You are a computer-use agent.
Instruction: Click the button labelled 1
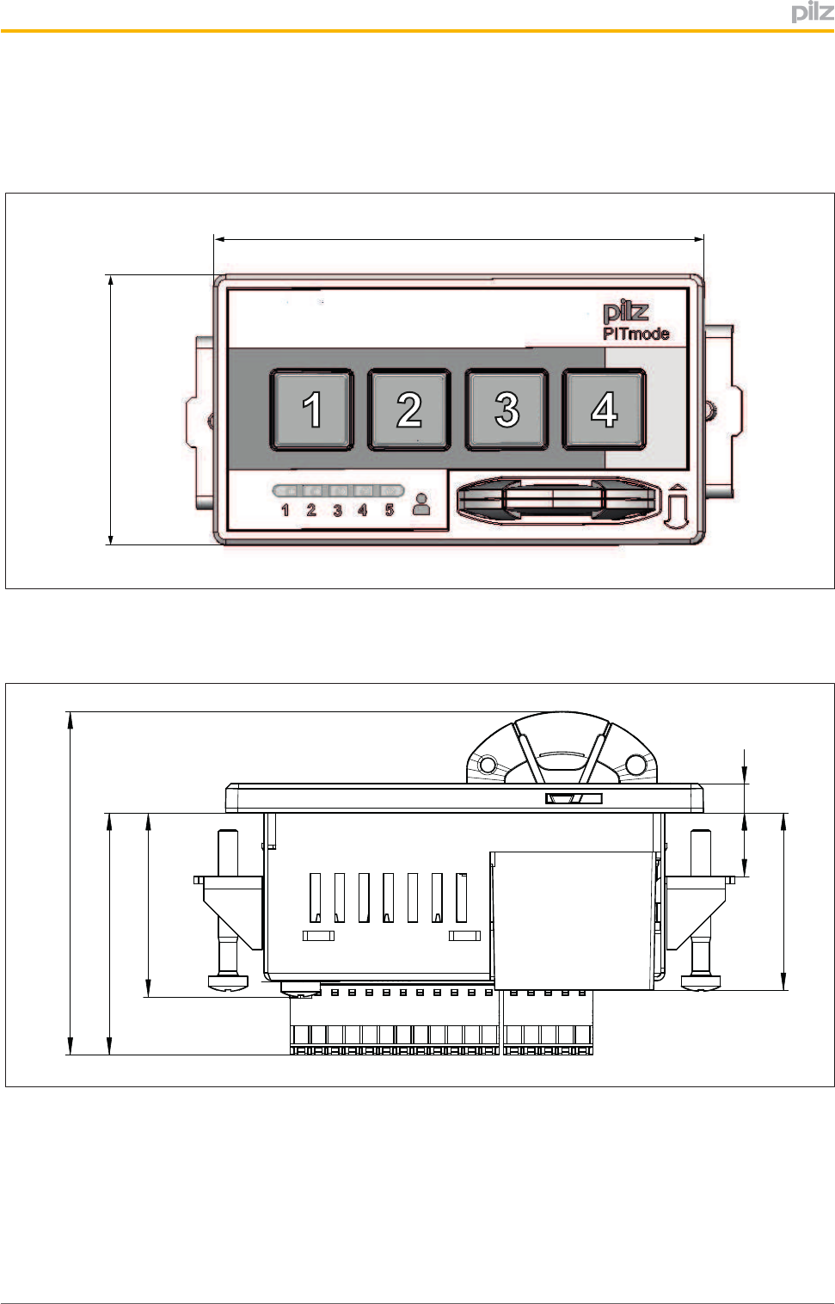pos(311,409)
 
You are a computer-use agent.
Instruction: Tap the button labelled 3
pos(507,409)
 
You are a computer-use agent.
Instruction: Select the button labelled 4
pos(604,409)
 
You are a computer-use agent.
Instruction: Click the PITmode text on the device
pos(635,334)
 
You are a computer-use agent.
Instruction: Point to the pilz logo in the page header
pos(812,12)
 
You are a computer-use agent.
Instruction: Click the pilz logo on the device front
pos(625,311)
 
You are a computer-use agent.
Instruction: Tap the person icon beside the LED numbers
pos(421,504)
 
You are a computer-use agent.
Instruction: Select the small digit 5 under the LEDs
pos(390,510)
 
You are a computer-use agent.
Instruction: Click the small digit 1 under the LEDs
pos(285,510)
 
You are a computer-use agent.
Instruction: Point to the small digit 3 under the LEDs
pos(337,510)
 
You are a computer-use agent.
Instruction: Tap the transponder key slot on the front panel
pos(554,501)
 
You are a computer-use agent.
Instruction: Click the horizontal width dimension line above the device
pos(458,239)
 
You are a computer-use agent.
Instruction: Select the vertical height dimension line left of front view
pos(111,409)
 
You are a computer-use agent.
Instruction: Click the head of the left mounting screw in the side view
pos(227,981)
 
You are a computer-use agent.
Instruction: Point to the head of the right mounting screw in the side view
pos(701,981)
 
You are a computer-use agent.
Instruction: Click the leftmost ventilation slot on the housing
pos(316,898)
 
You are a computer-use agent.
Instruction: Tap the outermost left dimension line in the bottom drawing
pos(71,883)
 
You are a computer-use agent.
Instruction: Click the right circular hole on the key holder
pos(635,764)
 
